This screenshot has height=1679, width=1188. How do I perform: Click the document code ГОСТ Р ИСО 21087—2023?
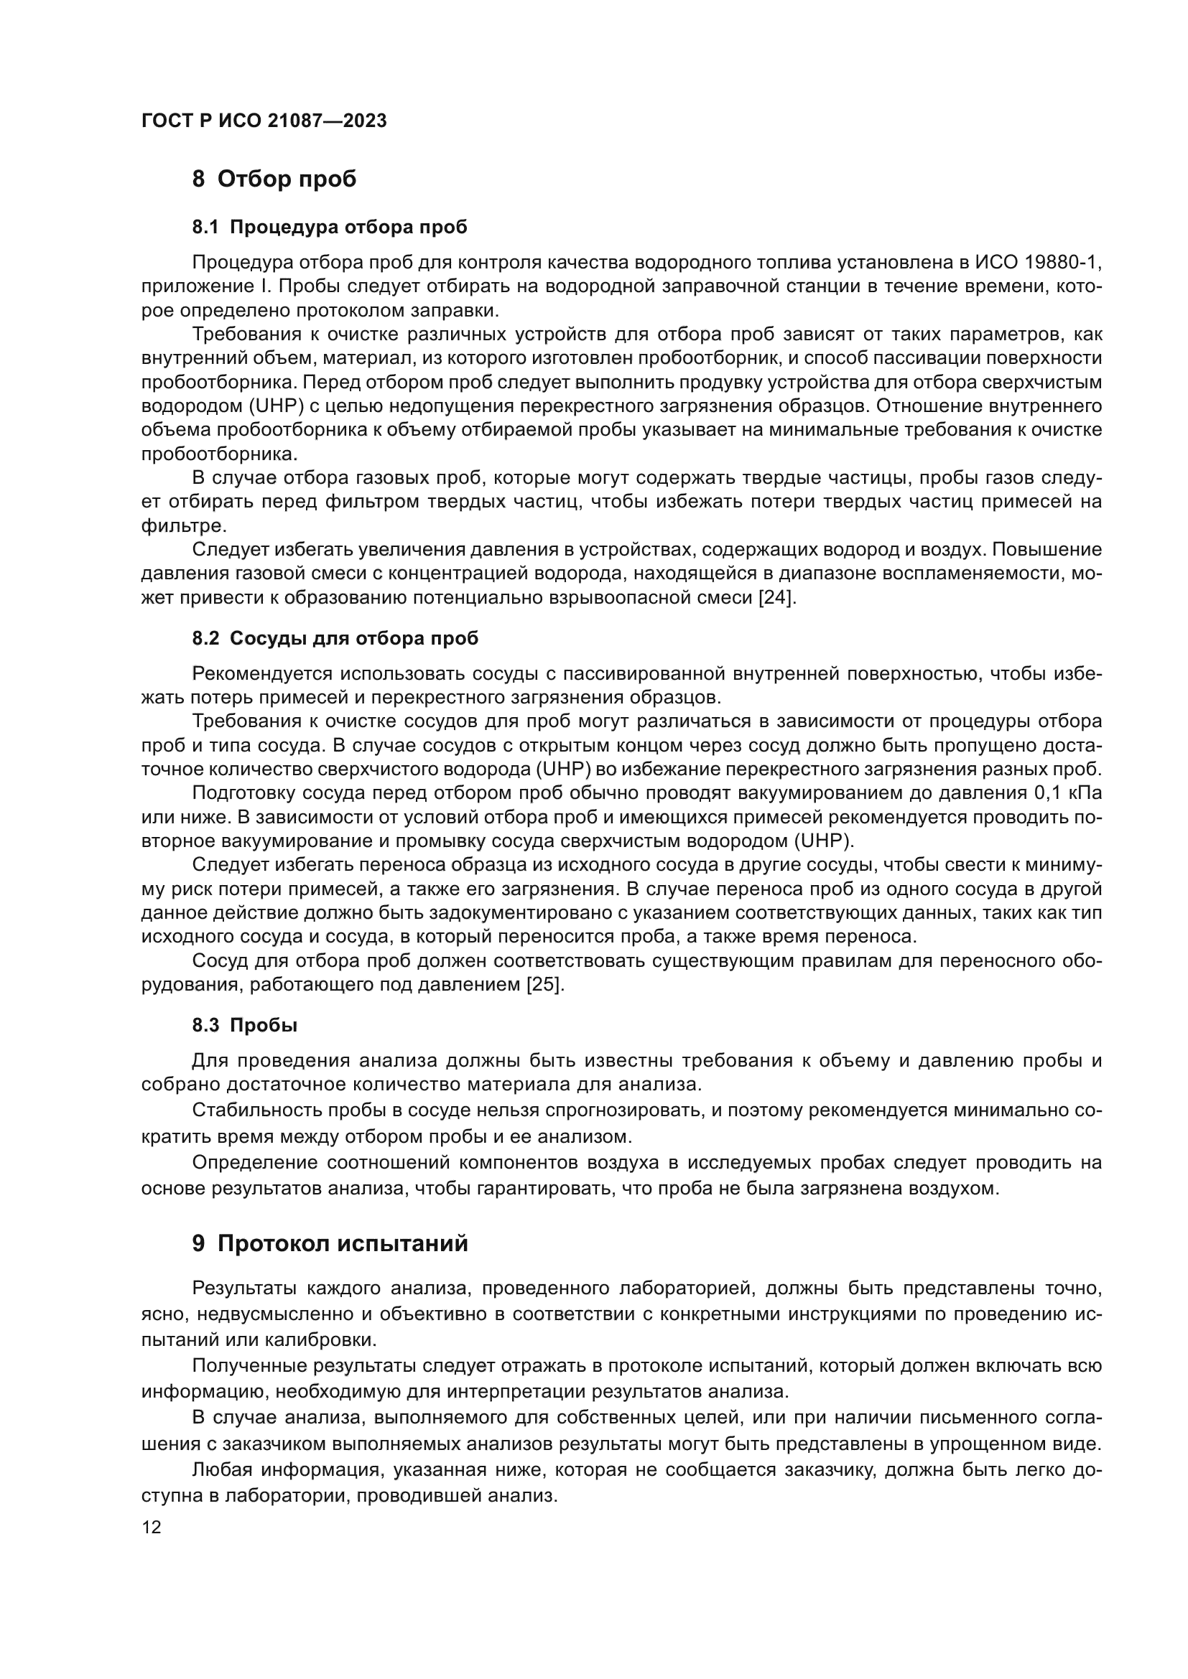(264, 121)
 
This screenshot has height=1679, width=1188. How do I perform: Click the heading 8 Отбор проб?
(274, 179)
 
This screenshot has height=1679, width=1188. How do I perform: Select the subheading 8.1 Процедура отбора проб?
(329, 228)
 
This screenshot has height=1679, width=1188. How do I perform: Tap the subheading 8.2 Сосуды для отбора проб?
(335, 638)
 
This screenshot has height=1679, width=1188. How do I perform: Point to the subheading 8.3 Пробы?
(245, 1025)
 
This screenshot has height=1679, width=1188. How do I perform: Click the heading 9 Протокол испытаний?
(330, 1243)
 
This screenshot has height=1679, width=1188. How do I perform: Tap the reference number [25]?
(545, 985)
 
